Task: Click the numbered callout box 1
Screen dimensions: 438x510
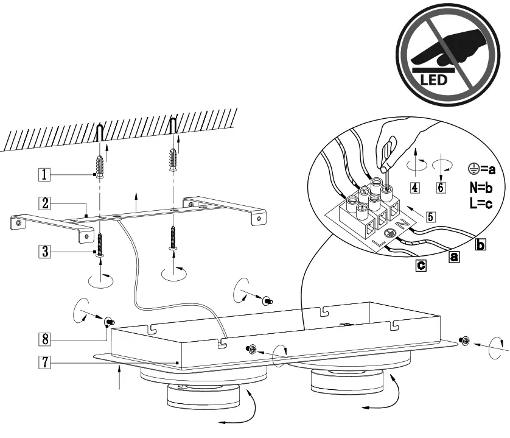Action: tap(43, 174)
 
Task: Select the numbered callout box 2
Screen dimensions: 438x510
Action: tap(43, 201)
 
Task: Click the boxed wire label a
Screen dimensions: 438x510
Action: tap(454, 257)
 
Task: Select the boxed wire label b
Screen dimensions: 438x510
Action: tap(480, 245)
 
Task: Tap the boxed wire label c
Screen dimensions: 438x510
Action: tap(420, 266)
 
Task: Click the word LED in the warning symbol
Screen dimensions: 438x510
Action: tap(435, 79)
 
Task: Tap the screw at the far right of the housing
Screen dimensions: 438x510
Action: tap(465, 340)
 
